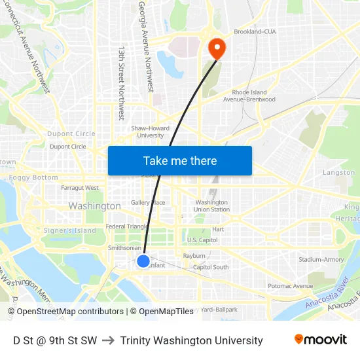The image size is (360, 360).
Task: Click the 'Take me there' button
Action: coord(180,161)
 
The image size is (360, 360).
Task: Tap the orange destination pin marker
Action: coord(216,48)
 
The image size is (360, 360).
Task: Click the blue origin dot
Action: coord(143,261)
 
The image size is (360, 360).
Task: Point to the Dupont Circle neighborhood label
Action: coord(71,134)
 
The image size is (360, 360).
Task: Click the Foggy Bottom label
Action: coord(33,177)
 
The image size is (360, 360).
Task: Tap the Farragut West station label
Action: coord(80,188)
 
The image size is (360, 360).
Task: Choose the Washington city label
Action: coord(94,206)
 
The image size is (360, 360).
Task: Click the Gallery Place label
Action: coord(148,203)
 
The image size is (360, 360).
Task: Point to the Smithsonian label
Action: coord(124,248)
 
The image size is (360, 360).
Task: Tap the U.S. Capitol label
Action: coord(202,240)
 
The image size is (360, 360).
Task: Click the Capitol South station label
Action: coord(211,267)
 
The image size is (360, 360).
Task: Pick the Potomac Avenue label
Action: coord(291,286)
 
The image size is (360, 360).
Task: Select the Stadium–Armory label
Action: coord(321,260)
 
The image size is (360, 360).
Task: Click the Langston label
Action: coord(338,173)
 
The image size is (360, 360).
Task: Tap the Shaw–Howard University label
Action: coord(150,132)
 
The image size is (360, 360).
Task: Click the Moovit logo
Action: coord(320,340)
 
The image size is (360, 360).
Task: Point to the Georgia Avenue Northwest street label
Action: coord(145,46)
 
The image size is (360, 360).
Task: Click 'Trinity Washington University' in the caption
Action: coord(191,340)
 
